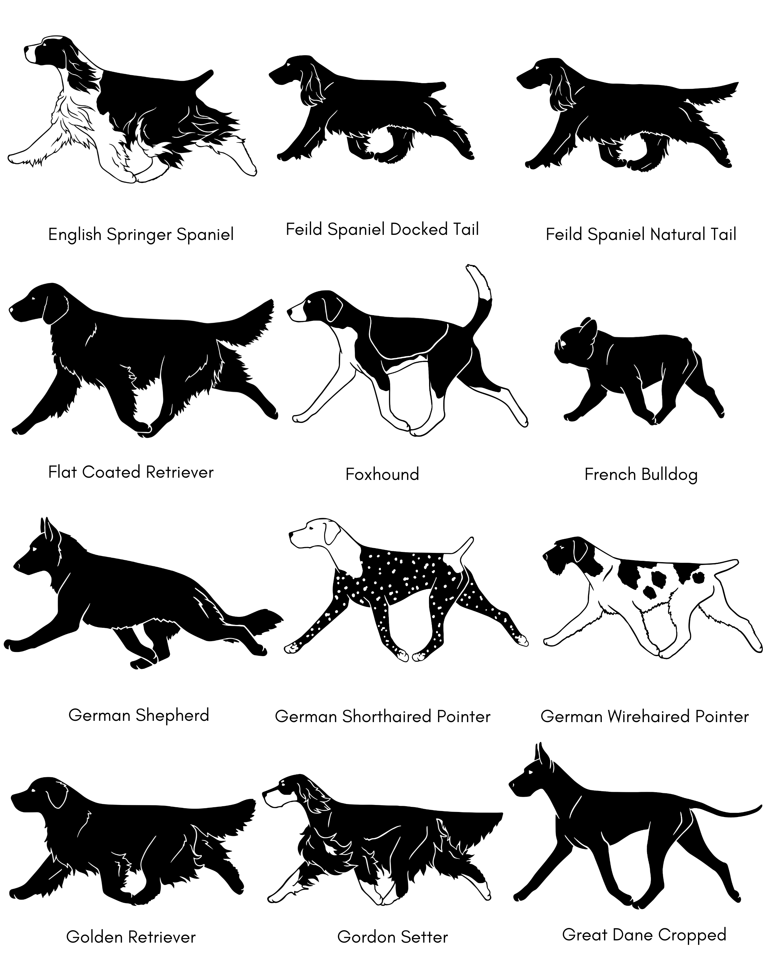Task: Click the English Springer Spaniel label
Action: [141, 235]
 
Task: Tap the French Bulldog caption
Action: [641, 474]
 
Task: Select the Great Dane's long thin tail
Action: [727, 810]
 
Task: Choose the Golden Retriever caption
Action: [131, 937]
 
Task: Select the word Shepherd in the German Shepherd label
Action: [172, 715]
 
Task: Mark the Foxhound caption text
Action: [382, 474]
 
